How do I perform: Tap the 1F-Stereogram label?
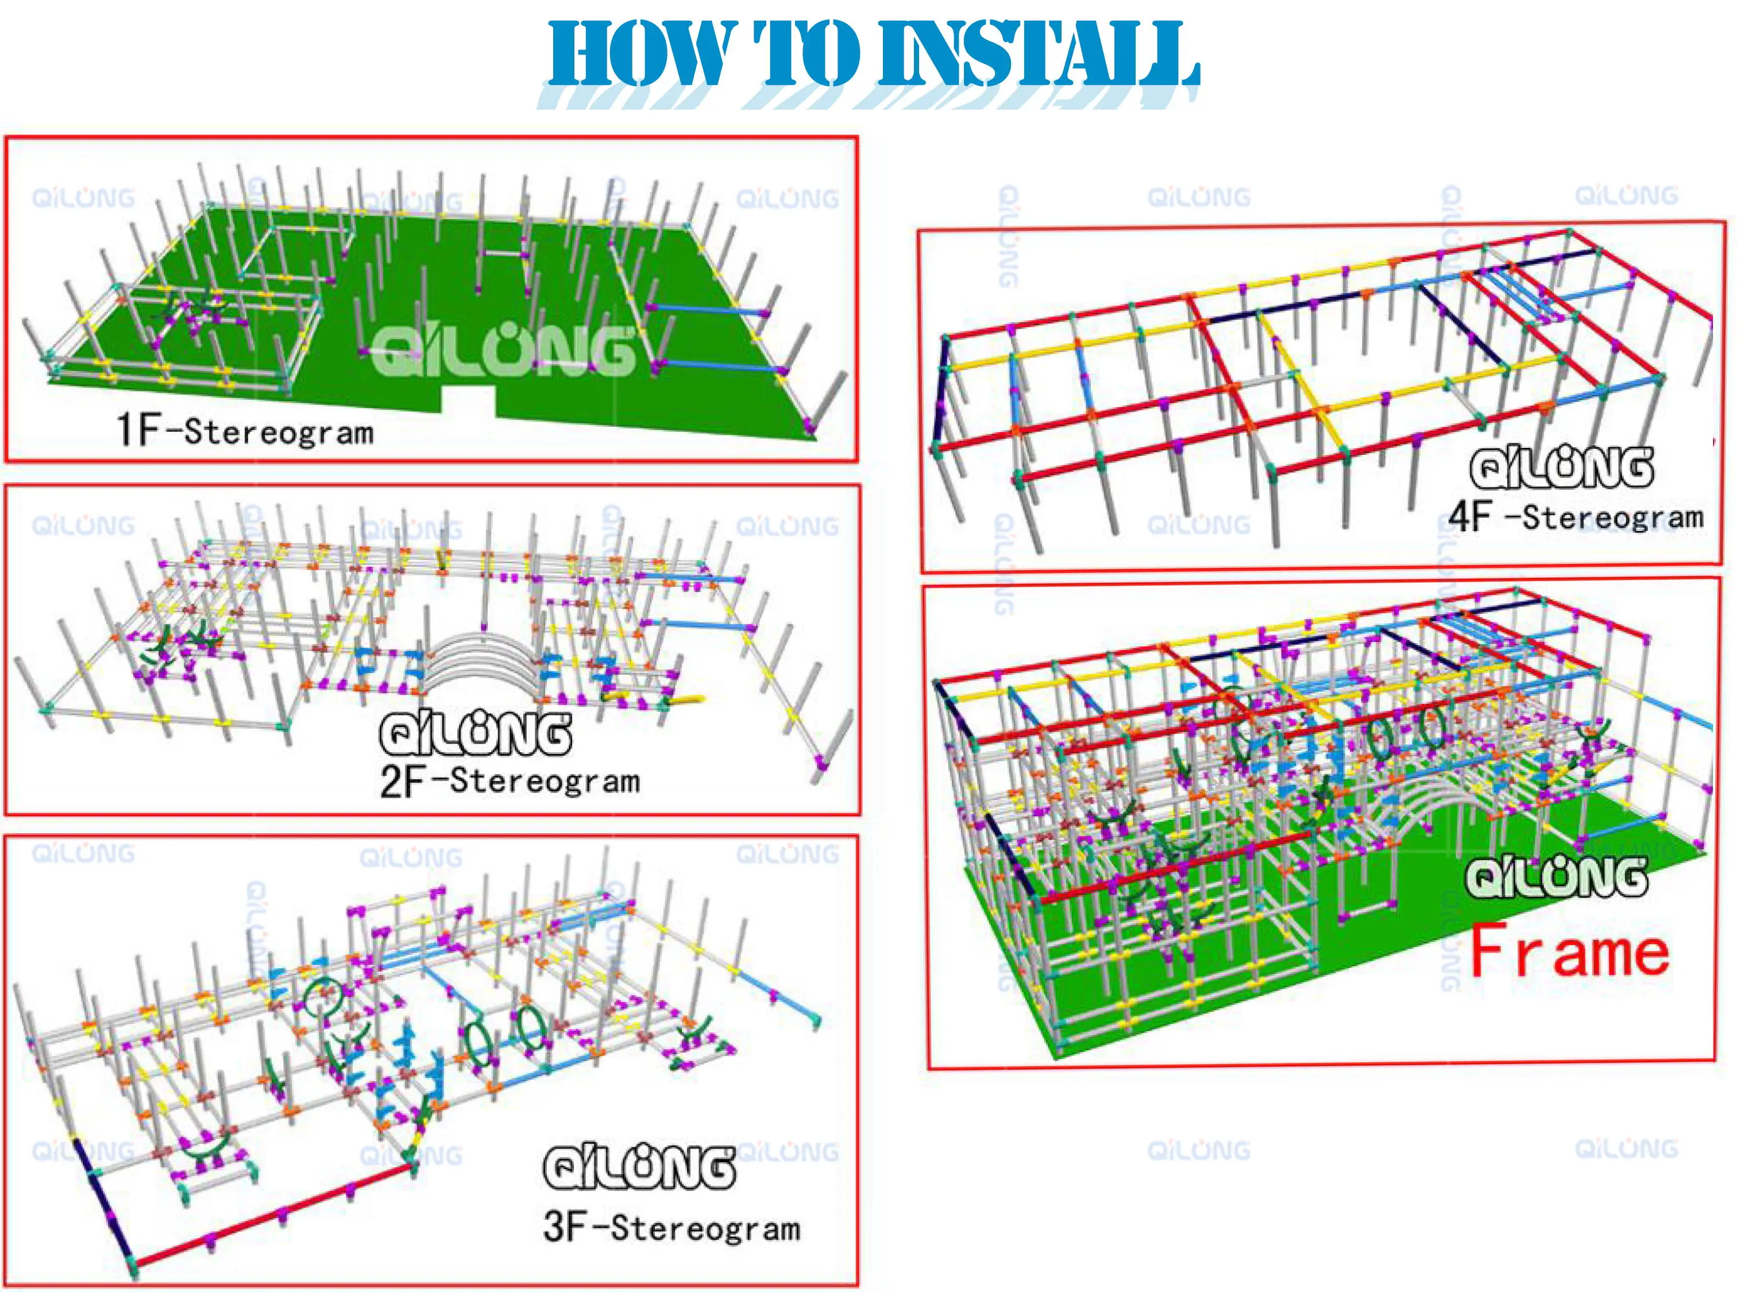point(245,431)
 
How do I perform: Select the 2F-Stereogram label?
point(510,780)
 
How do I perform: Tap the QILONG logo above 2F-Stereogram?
point(475,734)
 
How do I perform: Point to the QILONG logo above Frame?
point(1556,877)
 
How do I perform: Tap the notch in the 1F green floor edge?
point(469,400)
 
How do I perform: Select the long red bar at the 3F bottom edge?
point(274,1216)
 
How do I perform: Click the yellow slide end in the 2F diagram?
point(689,698)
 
